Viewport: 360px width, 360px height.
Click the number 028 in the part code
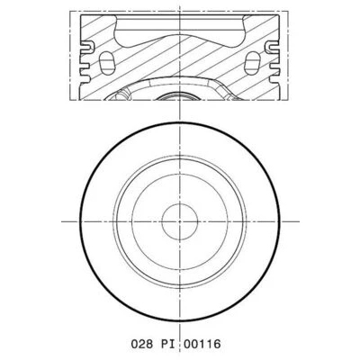point(142,344)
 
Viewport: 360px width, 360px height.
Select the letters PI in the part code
point(168,344)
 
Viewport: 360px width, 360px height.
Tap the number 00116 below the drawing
point(202,344)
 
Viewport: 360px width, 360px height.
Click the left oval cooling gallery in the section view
point(106,63)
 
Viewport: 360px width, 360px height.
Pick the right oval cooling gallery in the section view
point(252,63)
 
